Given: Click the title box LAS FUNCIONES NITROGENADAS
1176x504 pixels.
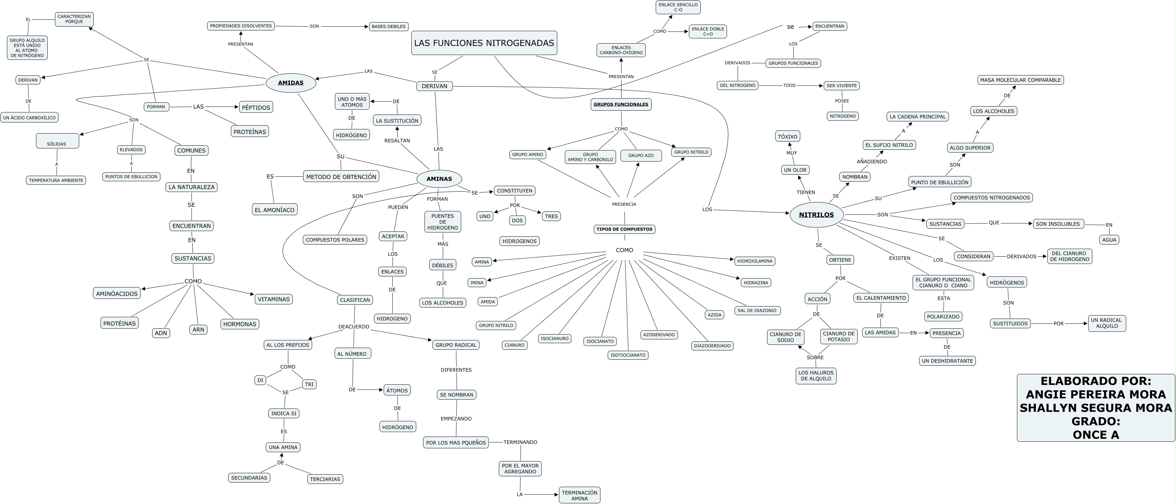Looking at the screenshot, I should (x=484, y=43).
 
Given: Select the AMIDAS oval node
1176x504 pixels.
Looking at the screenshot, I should (x=291, y=83).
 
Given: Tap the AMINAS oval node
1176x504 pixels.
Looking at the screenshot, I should (x=439, y=178).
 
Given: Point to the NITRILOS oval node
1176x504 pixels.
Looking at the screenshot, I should (x=816, y=215).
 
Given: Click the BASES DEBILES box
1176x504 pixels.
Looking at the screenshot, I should (x=389, y=27).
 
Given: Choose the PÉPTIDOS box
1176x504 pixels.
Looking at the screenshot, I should (x=256, y=107).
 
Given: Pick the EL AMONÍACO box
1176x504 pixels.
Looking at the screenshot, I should (x=275, y=210).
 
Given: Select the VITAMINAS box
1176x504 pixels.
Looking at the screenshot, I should (x=274, y=299).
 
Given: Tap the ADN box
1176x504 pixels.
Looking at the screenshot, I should (x=161, y=333).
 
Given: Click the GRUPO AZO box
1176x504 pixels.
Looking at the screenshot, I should (x=641, y=156).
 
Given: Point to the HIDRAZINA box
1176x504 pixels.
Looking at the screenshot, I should (x=756, y=283).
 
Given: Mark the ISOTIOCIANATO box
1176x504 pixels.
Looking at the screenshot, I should (x=628, y=355).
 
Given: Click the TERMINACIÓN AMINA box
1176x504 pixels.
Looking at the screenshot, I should (x=580, y=495).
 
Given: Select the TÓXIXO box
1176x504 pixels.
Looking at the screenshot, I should (x=788, y=137).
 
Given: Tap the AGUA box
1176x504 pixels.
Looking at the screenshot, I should (x=1109, y=240).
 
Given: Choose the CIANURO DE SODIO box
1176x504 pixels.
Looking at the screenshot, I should (x=786, y=337).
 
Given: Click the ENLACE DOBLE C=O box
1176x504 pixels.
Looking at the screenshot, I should (x=708, y=31).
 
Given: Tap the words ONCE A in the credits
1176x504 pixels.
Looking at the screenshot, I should (x=1096, y=434).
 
